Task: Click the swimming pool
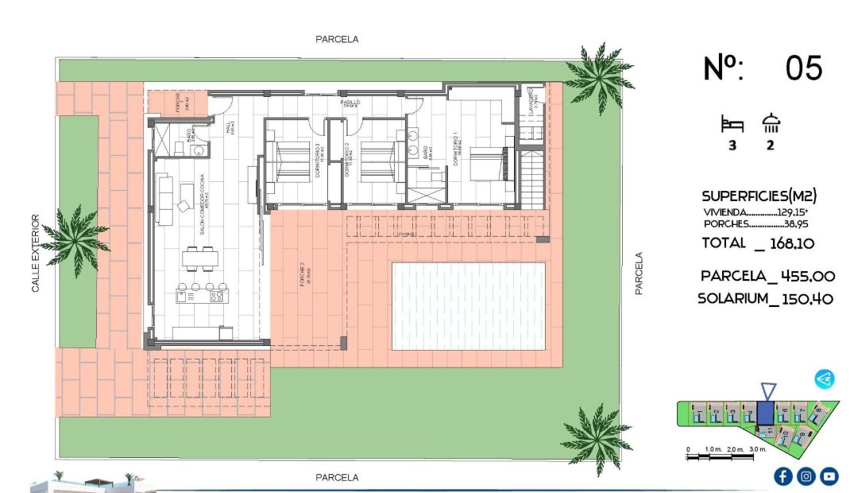[x=469, y=305]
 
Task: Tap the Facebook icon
[x=782, y=476]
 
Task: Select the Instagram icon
[x=806, y=476]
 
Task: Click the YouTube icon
[x=829, y=476]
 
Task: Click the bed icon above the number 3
[x=731, y=124]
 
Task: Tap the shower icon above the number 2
[x=771, y=123]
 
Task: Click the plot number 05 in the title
[x=803, y=68]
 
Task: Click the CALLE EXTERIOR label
[x=35, y=253]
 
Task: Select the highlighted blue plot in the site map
[x=765, y=413]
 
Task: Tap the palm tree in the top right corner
[x=597, y=74]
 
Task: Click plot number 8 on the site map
[x=817, y=410]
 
